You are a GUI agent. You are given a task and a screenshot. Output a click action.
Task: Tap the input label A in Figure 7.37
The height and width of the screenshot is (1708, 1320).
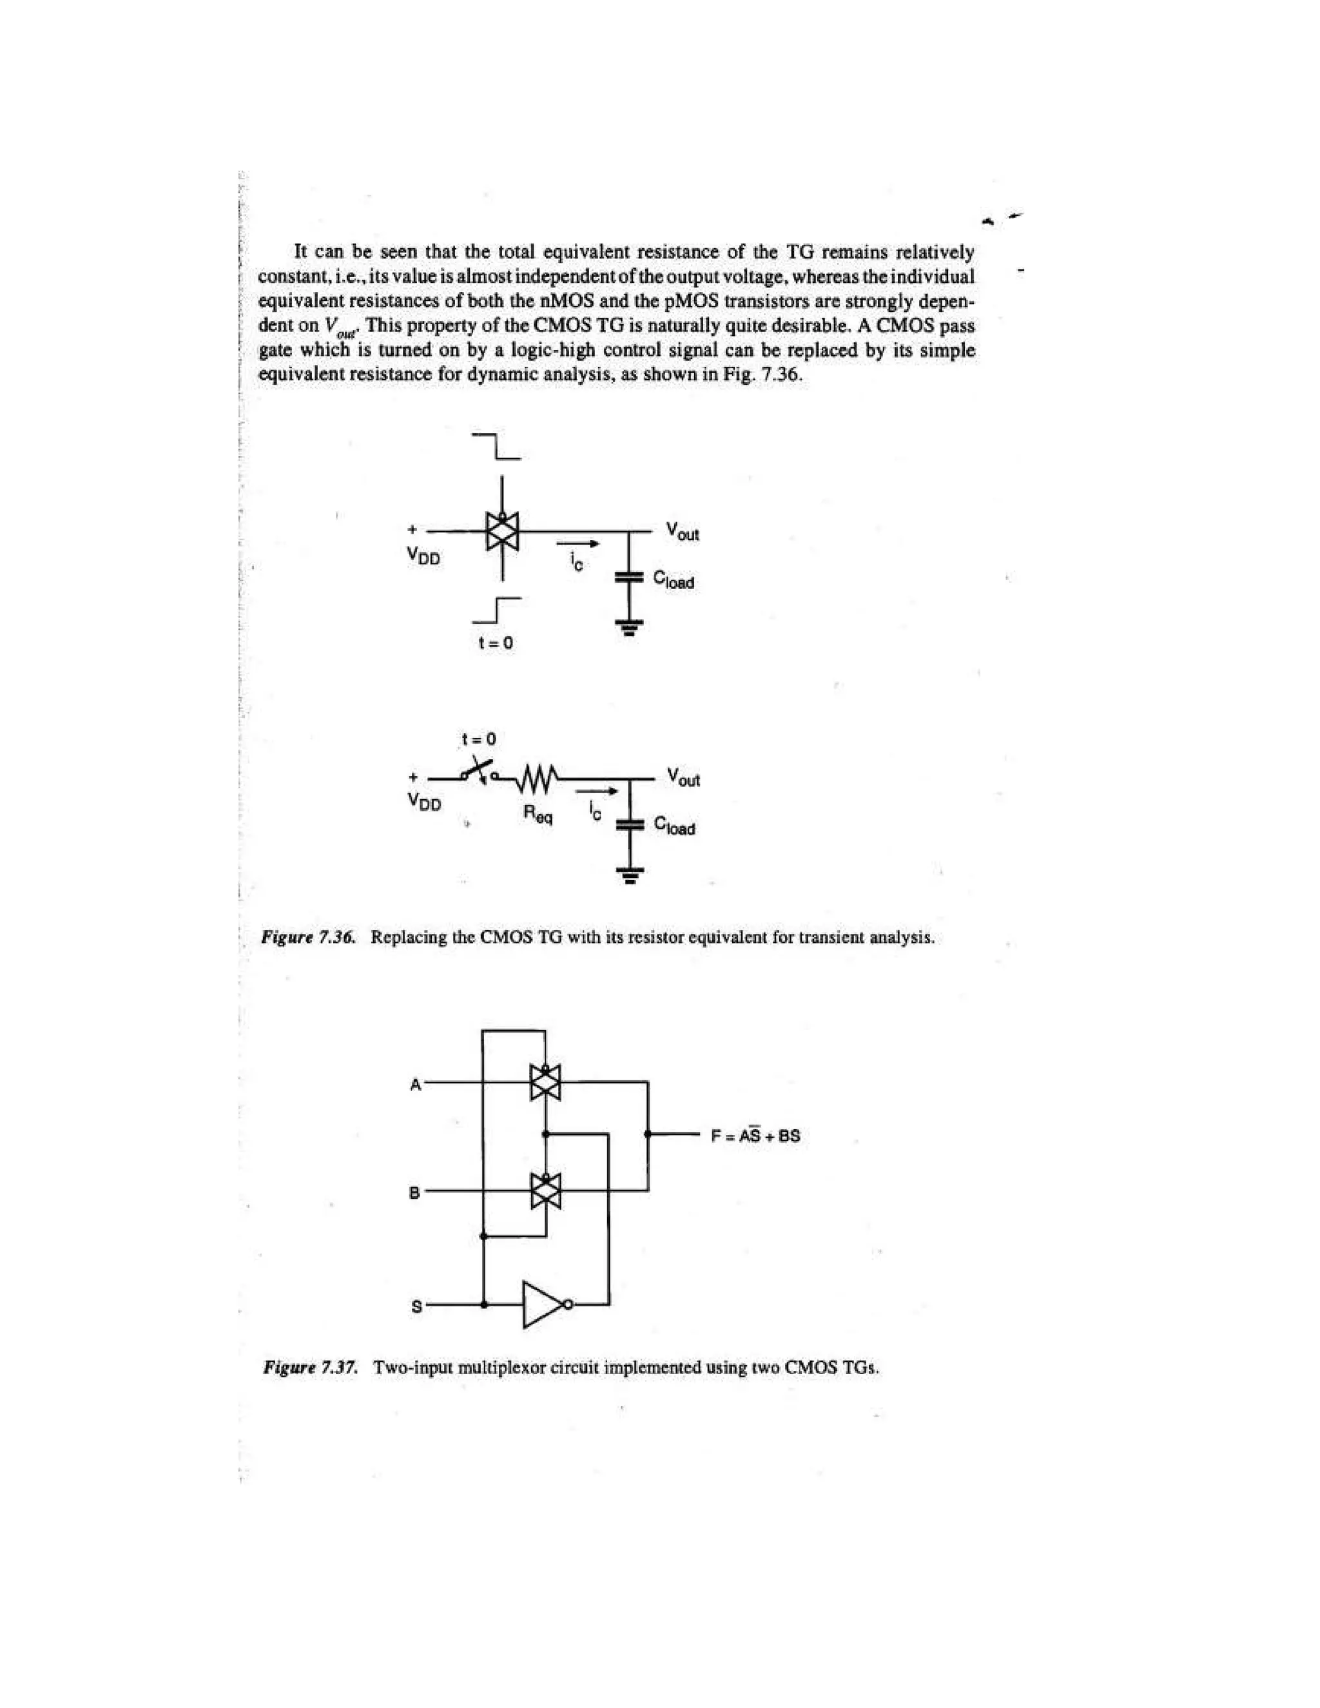[416, 1085]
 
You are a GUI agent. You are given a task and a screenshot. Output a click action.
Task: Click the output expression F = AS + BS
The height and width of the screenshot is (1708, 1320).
[755, 1136]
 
